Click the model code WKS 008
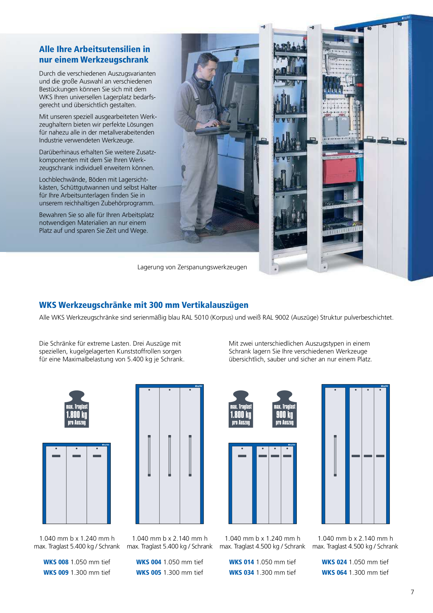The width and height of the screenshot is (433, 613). pos(56,562)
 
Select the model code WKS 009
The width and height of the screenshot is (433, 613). pos(56,572)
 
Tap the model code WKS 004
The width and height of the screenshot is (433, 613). pos(149,562)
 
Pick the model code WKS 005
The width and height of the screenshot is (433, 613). pos(149,572)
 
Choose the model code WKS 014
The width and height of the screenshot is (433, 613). pos(242,562)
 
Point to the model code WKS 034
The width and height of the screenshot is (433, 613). pos(242,572)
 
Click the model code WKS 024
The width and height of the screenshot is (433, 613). pos(335,562)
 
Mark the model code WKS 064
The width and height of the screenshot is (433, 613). pos(335,572)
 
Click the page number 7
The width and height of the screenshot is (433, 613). pos(412,592)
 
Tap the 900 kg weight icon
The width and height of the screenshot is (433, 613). pos(285,409)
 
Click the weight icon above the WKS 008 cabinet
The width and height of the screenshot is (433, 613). pos(77,409)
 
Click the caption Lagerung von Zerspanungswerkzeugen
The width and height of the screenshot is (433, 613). pos(192,267)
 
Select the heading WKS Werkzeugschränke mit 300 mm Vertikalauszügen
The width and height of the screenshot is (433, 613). pos(144,305)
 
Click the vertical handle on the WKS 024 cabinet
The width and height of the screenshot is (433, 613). pos(335,456)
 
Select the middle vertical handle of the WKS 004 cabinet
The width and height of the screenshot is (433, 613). pos(170,456)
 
